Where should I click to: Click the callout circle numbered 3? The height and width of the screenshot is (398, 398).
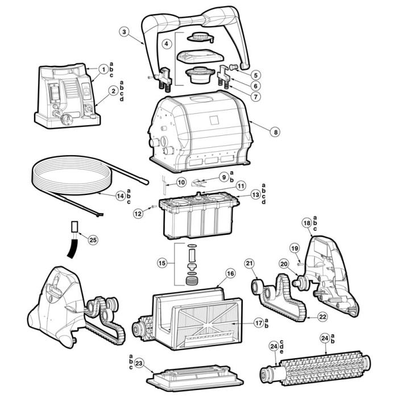tap(125, 32)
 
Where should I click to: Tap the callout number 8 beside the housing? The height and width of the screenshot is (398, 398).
tap(275, 131)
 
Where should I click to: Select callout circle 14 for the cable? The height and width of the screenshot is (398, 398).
tap(120, 195)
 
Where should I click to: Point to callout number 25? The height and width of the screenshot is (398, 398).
tap(93, 239)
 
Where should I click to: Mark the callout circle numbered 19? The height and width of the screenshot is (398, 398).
tap(295, 248)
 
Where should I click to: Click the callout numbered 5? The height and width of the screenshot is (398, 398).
tap(257, 74)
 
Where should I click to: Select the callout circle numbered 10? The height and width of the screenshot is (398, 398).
tap(181, 183)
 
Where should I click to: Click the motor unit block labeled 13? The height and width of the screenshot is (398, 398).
tap(199, 219)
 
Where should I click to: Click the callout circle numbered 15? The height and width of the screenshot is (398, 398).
tap(162, 263)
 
